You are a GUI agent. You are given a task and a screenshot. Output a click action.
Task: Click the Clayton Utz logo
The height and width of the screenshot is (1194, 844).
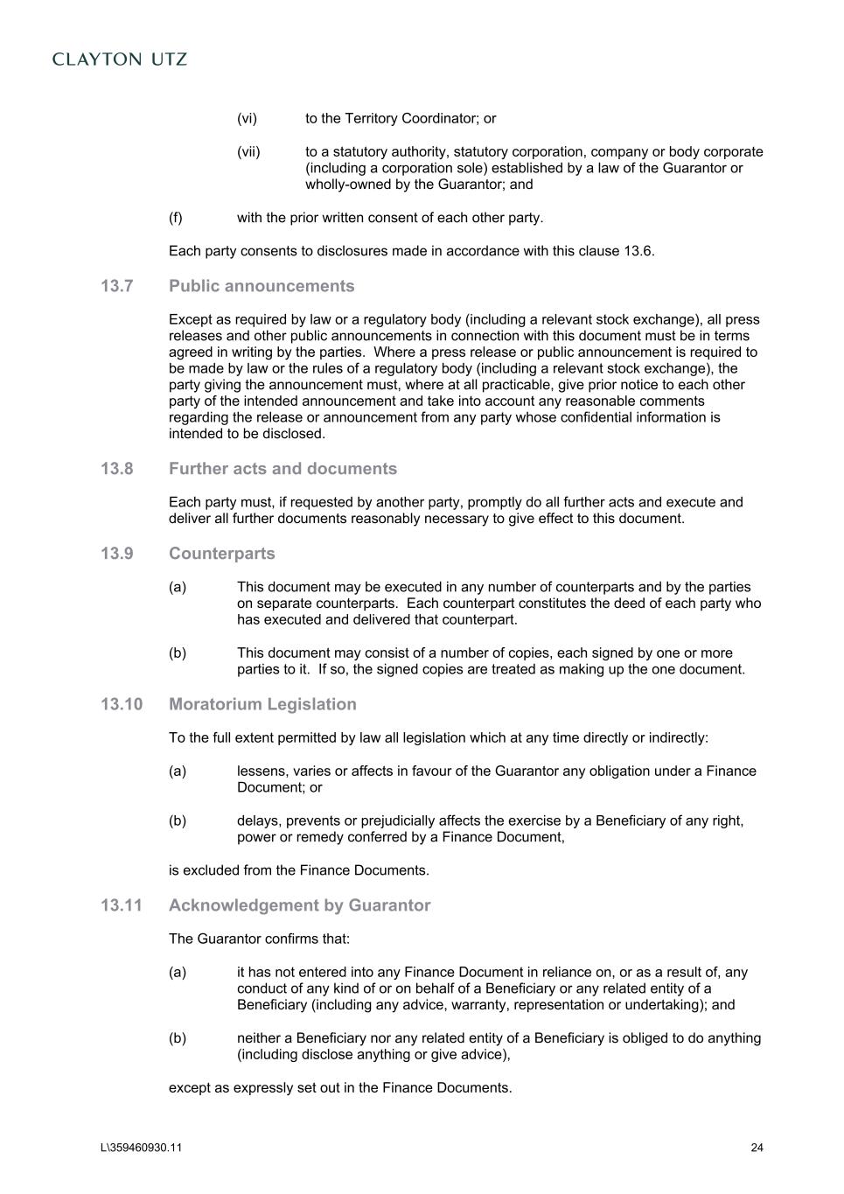click(120, 59)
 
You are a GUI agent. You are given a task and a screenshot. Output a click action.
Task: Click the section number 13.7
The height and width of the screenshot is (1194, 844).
click(116, 286)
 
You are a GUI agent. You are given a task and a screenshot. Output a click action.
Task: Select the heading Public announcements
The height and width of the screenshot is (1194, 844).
click(262, 286)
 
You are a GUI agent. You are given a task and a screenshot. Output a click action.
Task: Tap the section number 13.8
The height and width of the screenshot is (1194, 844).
click(116, 469)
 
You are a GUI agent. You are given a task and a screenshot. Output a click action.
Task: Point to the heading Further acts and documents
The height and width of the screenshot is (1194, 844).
click(282, 469)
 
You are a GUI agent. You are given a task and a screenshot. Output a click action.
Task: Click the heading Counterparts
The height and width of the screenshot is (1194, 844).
click(221, 554)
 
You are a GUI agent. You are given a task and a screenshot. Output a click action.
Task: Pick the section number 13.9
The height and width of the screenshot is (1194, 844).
click(116, 554)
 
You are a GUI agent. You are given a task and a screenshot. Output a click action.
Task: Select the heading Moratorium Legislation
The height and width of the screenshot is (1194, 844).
click(262, 704)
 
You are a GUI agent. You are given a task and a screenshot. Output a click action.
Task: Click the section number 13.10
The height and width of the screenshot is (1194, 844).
click(121, 704)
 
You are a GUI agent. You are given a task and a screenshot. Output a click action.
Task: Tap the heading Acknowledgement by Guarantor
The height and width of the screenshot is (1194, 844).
click(299, 905)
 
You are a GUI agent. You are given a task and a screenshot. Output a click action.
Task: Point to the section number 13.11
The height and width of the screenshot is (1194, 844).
click(121, 905)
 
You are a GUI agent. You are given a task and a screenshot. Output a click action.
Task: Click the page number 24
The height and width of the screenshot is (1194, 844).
click(757, 1149)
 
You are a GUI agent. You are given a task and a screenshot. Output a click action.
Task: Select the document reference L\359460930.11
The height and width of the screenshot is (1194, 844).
click(141, 1149)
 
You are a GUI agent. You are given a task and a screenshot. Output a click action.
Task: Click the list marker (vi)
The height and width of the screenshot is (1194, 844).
click(247, 118)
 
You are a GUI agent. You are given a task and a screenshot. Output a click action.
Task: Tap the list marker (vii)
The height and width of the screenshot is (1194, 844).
click(248, 151)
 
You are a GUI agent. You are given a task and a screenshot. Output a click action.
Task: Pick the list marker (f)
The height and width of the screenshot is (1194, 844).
click(176, 218)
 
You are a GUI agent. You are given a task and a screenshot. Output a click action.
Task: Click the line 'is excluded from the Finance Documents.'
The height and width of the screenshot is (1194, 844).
click(299, 870)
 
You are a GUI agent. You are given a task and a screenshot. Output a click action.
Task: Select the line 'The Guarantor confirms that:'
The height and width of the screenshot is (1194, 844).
click(259, 939)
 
